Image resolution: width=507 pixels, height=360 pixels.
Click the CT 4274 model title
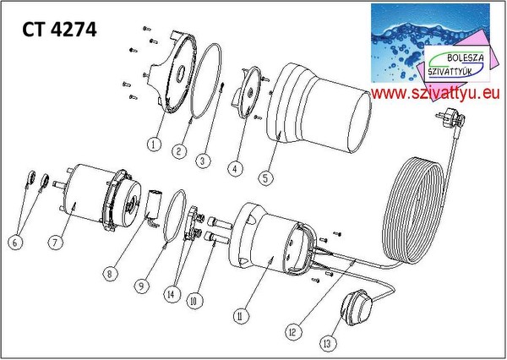click(59, 30)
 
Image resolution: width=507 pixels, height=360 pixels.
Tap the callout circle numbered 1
click(155, 144)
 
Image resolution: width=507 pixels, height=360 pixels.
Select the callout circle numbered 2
click(179, 151)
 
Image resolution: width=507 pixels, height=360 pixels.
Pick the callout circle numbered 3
click(203, 161)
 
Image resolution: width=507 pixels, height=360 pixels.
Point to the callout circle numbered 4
click(235, 168)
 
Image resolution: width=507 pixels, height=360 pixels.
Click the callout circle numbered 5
click(265, 178)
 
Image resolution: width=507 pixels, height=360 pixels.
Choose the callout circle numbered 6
click(15, 243)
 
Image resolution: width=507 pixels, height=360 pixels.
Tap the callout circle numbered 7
click(55, 242)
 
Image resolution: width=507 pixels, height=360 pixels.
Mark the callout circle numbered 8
click(110, 274)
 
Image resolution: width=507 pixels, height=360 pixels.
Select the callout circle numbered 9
click(142, 286)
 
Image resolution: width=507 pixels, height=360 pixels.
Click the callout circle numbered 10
click(194, 302)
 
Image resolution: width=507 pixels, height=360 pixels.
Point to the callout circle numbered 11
click(240, 316)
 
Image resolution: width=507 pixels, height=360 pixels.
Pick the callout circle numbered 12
click(292, 332)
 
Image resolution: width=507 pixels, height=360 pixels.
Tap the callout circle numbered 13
click(328, 343)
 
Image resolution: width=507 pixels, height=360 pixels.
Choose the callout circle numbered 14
click(171, 294)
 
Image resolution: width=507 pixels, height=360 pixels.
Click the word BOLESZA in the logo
click(466, 58)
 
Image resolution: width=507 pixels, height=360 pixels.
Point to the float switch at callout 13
click(357, 308)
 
